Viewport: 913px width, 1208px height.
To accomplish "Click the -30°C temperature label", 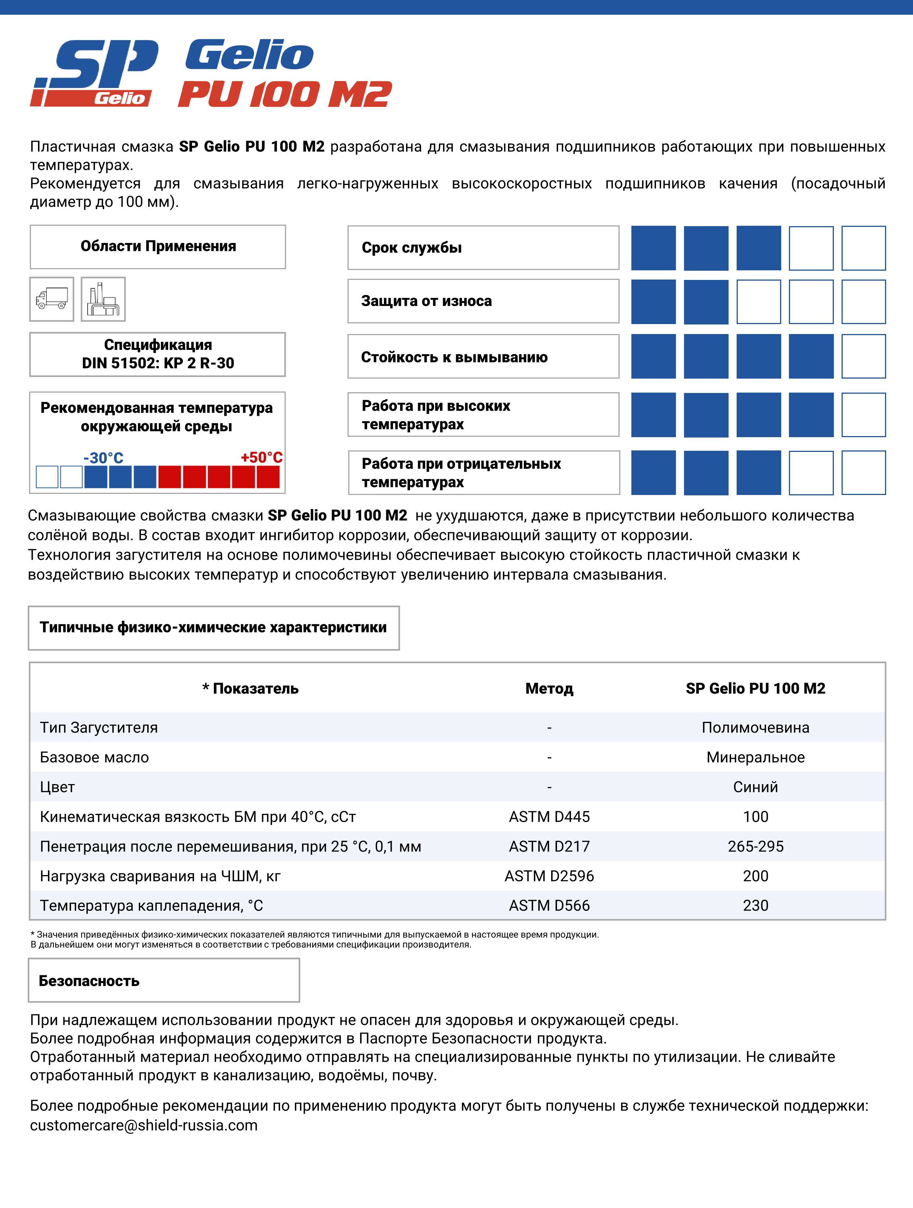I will click(x=103, y=458).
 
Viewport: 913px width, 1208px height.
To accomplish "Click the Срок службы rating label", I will click(x=412, y=248).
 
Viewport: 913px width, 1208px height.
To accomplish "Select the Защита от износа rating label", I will click(x=426, y=301).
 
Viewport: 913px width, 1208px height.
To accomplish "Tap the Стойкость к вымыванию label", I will click(x=454, y=357).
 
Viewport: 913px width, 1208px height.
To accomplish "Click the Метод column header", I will click(x=549, y=689).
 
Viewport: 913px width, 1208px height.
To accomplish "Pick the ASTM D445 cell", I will click(x=549, y=817).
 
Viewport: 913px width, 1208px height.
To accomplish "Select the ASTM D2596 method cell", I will click(x=549, y=876).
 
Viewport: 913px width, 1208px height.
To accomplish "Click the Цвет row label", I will click(x=57, y=787).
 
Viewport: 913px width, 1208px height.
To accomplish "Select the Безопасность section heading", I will click(x=89, y=981).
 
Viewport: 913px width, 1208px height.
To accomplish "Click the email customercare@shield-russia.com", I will click(x=144, y=1126).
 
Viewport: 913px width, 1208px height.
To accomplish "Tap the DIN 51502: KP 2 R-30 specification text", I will click(x=158, y=363).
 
